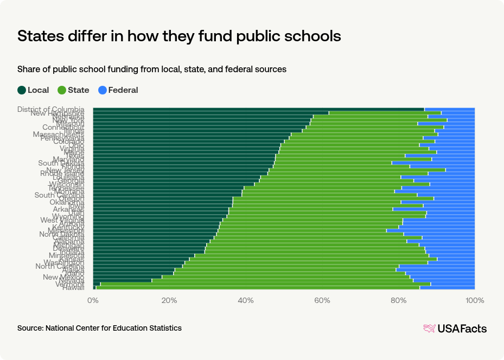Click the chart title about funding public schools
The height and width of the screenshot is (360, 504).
click(x=179, y=36)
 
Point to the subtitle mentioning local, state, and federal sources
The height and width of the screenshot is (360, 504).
click(x=152, y=70)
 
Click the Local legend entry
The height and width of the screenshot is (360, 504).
click(x=34, y=90)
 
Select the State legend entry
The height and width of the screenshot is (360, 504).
click(x=74, y=90)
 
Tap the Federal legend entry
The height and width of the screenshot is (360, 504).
click(x=118, y=90)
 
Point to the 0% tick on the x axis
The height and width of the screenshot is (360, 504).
click(x=93, y=300)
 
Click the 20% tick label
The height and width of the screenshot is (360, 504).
click(x=170, y=300)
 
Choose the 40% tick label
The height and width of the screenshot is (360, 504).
click(x=246, y=300)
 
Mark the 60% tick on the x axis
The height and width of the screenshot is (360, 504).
click(x=322, y=300)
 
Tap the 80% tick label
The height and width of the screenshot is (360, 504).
click(x=399, y=300)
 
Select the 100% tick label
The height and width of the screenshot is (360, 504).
click(x=474, y=300)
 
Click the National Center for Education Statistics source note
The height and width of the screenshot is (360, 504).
click(x=99, y=328)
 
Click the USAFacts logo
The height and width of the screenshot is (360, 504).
click(x=455, y=329)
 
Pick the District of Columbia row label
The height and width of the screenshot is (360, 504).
click(x=51, y=109)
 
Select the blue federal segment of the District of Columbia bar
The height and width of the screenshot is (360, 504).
click(x=449, y=109)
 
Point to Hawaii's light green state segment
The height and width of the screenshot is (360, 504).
click(x=258, y=288)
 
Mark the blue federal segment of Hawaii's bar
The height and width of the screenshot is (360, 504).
click(x=447, y=288)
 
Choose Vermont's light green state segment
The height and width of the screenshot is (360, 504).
click(x=266, y=283)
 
